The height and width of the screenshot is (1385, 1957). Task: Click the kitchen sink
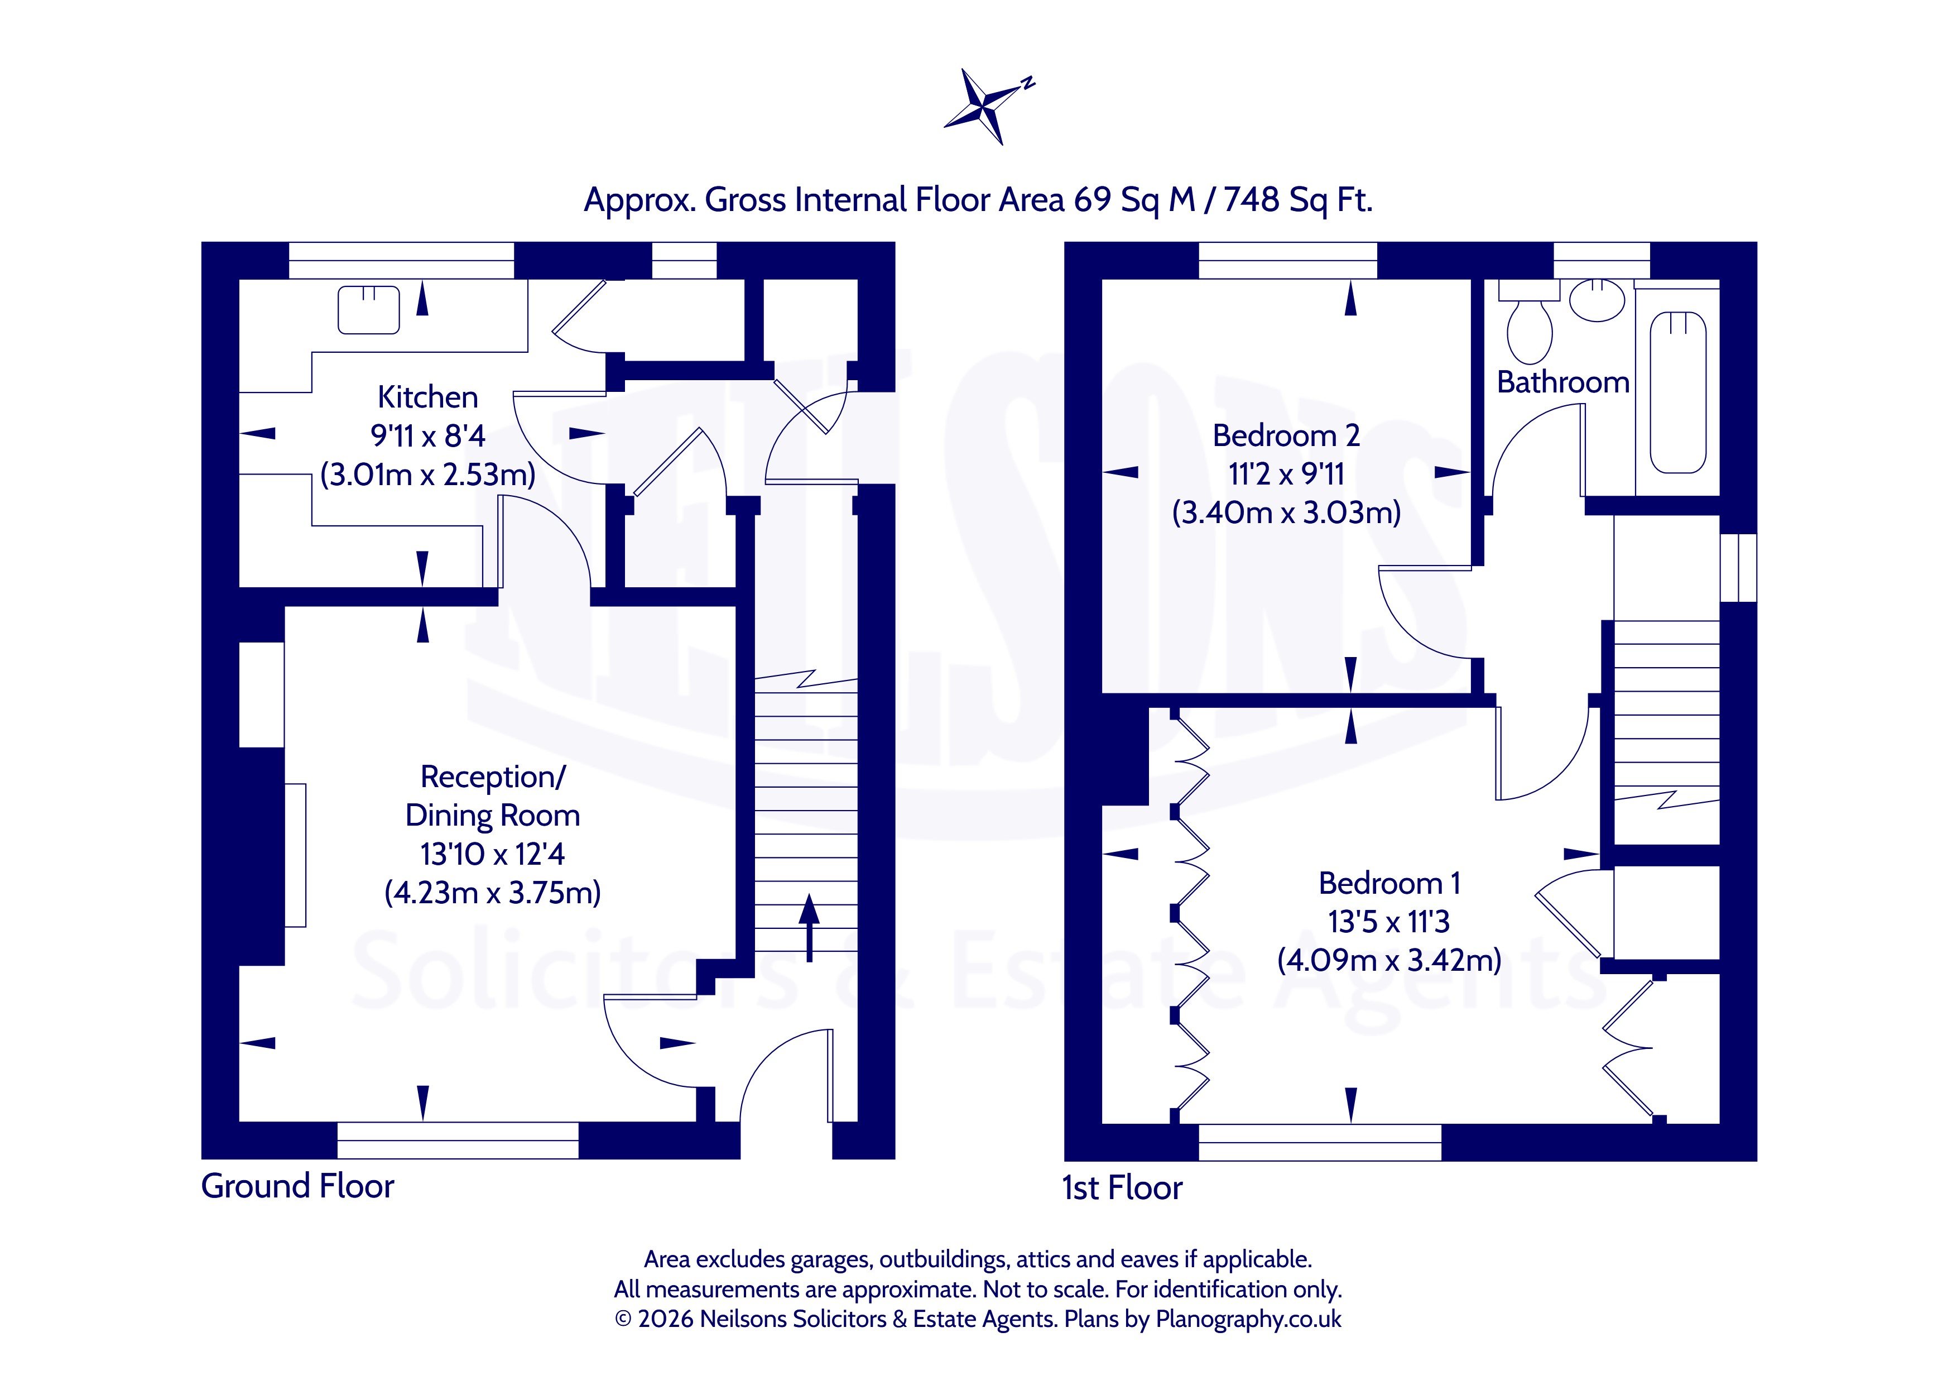(x=369, y=310)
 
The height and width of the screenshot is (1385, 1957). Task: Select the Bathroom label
(x=1563, y=382)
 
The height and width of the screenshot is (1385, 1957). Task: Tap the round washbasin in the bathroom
(x=1597, y=300)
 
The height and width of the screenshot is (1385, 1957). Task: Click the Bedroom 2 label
(x=1286, y=436)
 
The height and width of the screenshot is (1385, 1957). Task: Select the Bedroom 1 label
(x=1389, y=883)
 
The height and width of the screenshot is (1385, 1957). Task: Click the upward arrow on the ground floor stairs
(x=809, y=928)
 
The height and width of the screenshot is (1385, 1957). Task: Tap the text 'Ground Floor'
(x=297, y=1186)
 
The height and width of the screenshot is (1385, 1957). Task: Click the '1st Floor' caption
(x=1122, y=1188)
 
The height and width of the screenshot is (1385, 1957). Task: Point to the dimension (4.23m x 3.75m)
(x=493, y=893)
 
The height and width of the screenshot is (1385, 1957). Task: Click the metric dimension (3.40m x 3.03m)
(x=1286, y=512)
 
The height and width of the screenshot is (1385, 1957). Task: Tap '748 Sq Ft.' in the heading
(x=1298, y=199)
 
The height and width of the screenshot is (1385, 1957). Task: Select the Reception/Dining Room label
(x=493, y=795)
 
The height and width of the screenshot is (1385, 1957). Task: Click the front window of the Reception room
(x=458, y=1140)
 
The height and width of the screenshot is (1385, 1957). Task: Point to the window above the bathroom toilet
(x=1602, y=260)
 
